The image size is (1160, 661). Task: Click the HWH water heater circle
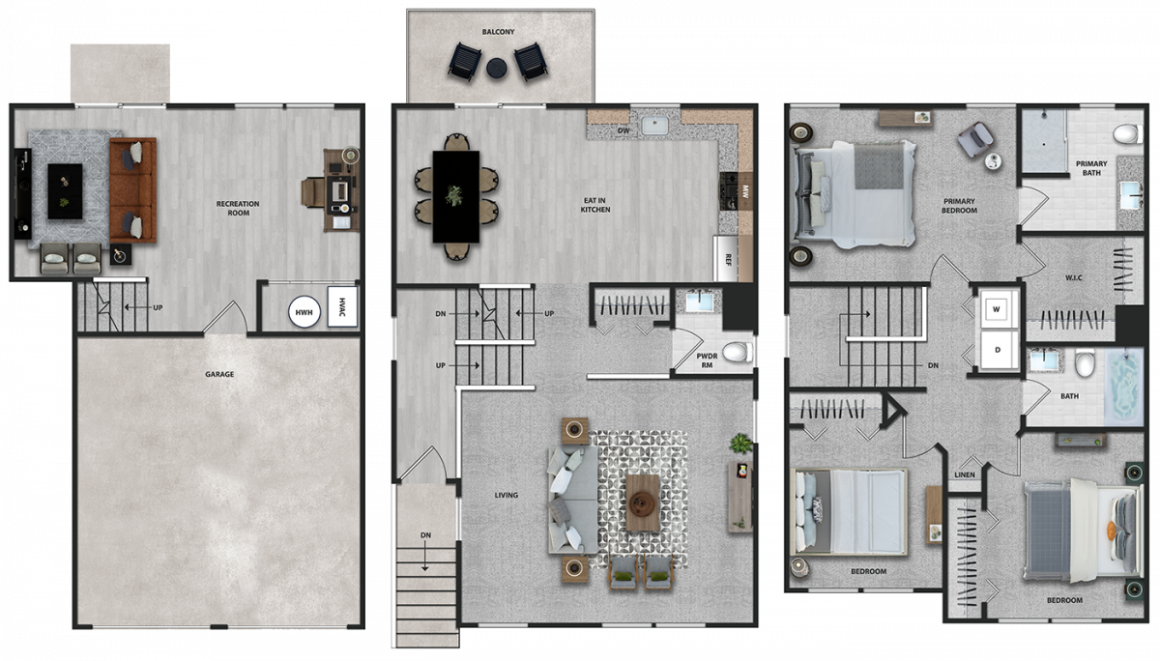[x=304, y=311]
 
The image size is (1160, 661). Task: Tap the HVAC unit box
[x=342, y=306]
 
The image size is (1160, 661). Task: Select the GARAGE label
[x=219, y=374]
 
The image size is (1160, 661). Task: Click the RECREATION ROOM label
[x=238, y=208]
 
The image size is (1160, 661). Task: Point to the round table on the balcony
[x=497, y=68]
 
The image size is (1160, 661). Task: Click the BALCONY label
[x=498, y=32]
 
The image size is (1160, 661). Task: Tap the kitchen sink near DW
[x=654, y=126]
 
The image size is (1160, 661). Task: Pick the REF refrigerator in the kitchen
[x=726, y=259]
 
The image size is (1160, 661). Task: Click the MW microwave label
[x=745, y=191]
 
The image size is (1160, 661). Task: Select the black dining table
[x=455, y=197]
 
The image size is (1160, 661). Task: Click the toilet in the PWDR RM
[x=738, y=353]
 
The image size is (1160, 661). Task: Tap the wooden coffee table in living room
[x=643, y=503]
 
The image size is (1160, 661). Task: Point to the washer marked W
[x=997, y=309]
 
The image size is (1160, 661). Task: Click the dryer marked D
[x=998, y=350]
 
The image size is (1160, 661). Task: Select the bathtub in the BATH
[x=1123, y=387]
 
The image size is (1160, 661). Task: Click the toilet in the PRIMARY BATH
[x=1128, y=134]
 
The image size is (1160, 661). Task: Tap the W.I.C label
[x=1074, y=278]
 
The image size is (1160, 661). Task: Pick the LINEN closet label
[x=965, y=474]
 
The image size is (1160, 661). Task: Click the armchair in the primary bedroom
[x=975, y=139]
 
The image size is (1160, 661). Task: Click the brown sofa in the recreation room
[x=133, y=190]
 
